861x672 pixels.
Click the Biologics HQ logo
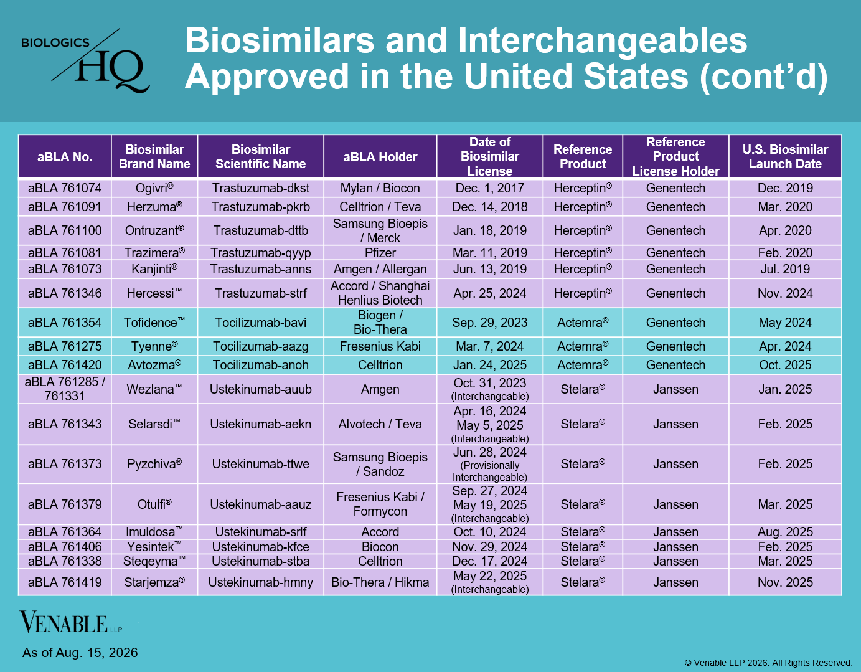[x=85, y=60]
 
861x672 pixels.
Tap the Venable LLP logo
[x=70, y=622]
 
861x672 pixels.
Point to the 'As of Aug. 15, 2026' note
[x=80, y=653]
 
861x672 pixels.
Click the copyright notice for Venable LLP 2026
[x=768, y=663]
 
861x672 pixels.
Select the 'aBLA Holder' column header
[x=380, y=157]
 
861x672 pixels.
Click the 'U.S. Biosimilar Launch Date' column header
[x=785, y=156]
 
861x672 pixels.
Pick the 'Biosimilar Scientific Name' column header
[x=261, y=156]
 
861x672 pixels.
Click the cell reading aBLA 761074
[x=65, y=188]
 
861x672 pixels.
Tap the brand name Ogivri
[x=154, y=188]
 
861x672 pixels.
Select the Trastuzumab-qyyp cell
[x=261, y=253]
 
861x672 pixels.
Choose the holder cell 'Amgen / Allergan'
[x=380, y=269]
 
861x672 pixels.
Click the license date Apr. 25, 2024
[x=490, y=293]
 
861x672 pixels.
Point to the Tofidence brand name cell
[x=154, y=322]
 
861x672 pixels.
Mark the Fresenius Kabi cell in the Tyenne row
[x=380, y=346]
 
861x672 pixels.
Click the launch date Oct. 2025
[x=785, y=365]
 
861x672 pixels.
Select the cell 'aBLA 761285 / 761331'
[x=65, y=389]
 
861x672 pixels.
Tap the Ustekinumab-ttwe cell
[x=261, y=464]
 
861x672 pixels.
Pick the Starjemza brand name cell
[x=154, y=582]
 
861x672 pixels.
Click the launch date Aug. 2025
[x=785, y=532]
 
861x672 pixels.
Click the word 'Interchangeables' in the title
[x=602, y=41]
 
